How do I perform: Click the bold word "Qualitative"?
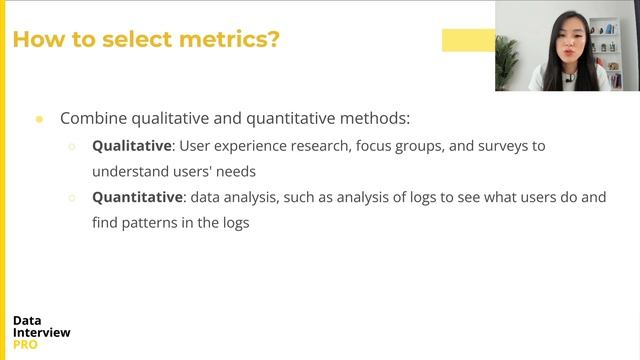click(x=132, y=146)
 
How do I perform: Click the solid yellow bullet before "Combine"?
click(x=39, y=118)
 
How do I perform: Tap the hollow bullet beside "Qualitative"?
click(x=72, y=146)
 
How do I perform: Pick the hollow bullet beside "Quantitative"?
click(x=72, y=198)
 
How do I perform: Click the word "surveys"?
click(x=490, y=146)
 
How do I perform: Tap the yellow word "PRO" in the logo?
click(x=27, y=345)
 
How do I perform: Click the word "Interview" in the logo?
click(x=42, y=333)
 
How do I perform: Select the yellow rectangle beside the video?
click(x=468, y=40)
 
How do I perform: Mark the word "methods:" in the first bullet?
click(x=379, y=118)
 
